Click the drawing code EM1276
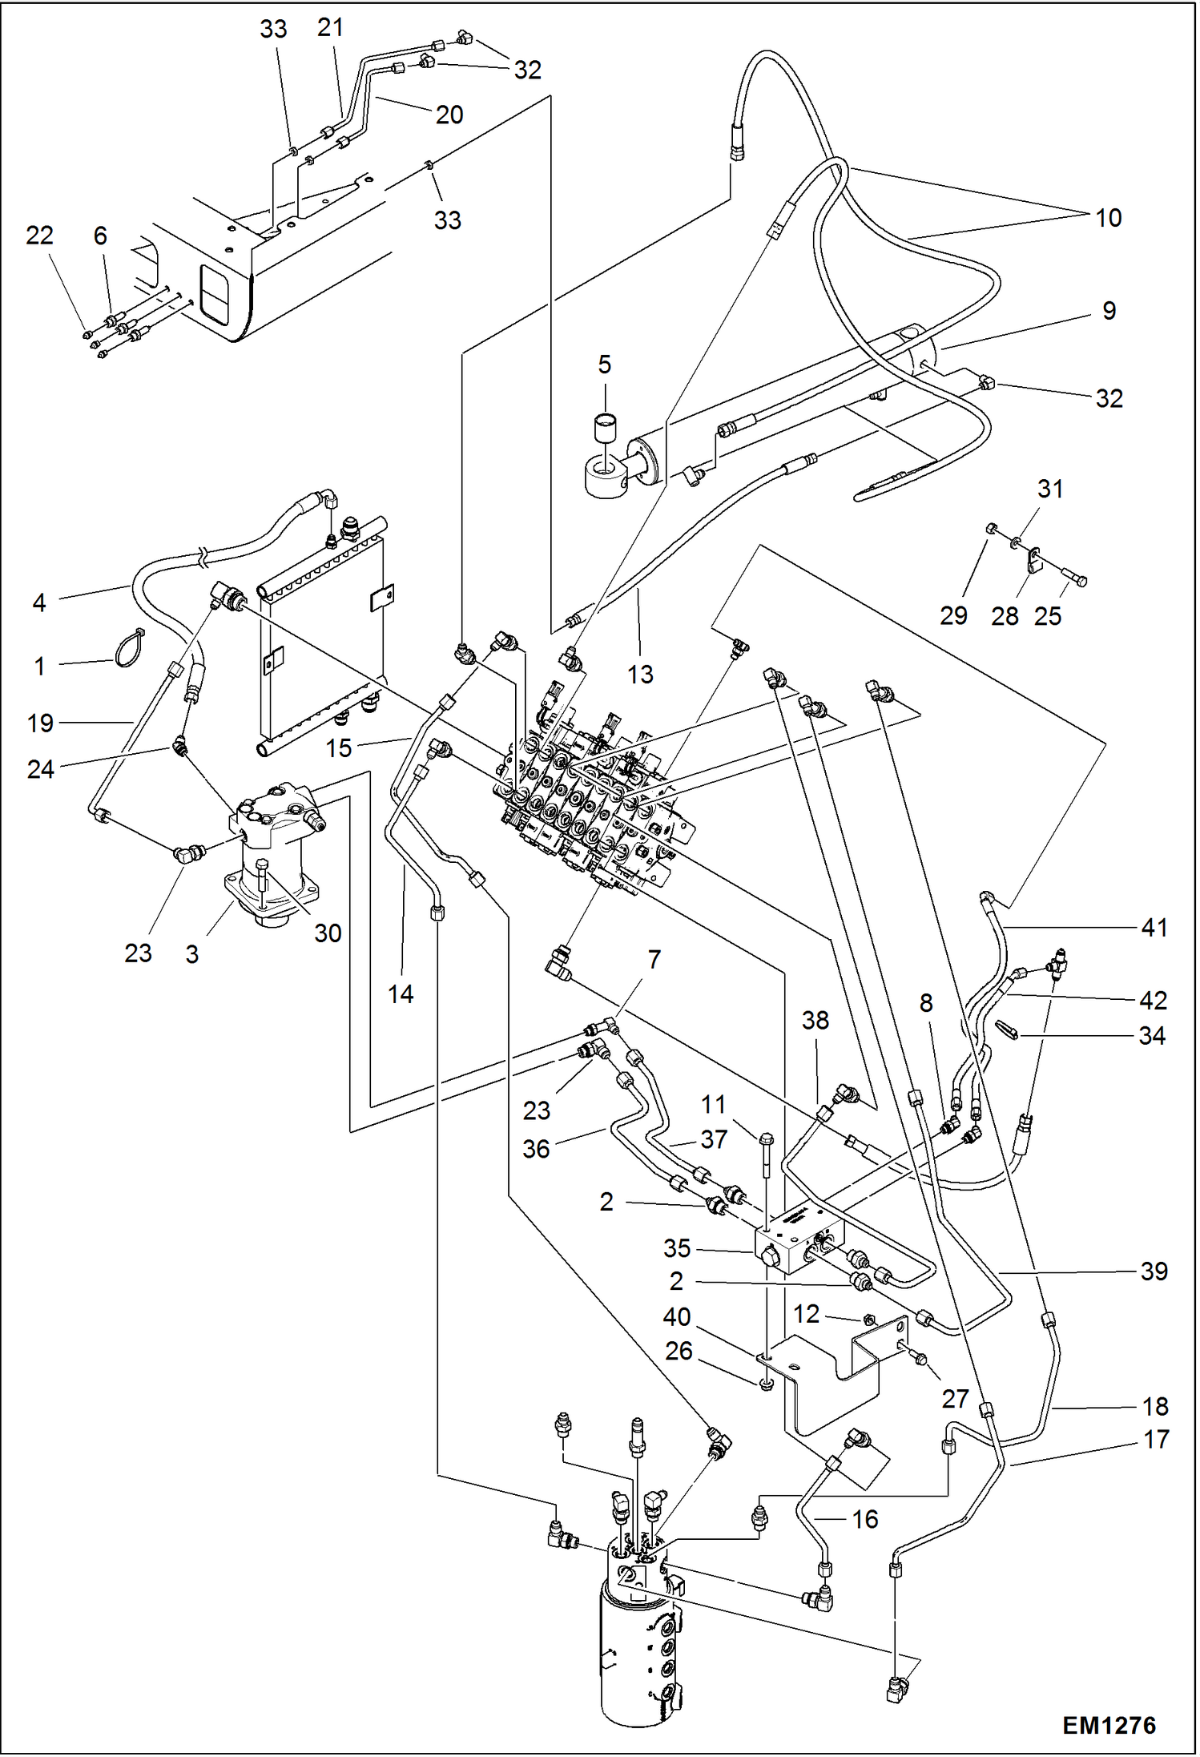pyautogui.click(x=1109, y=1724)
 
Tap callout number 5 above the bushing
pyautogui.click(x=604, y=365)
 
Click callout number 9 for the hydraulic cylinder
pyautogui.click(x=1109, y=311)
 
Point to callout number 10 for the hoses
pyautogui.click(x=1108, y=218)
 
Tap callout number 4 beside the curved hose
pyautogui.click(x=39, y=602)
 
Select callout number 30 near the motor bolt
pyautogui.click(x=328, y=933)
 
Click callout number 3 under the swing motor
pyautogui.click(x=192, y=954)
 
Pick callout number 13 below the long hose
pyautogui.click(x=640, y=675)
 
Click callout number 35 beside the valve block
pyautogui.click(x=677, y=1247)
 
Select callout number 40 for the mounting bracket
pyautogui.click(x=677, y=1316)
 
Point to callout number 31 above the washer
pyautogui.click(x=1050, y=489)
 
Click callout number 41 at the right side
pyautogui.click(x=1154, y=927)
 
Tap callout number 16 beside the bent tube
pyautogui.click(x=865, y=1519)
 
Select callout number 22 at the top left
pyautogui.click(x=39, y=236)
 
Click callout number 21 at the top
pyautogui.click(x=330, y=28)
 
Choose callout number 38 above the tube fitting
pyautogui.click(x=815, y=1020)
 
